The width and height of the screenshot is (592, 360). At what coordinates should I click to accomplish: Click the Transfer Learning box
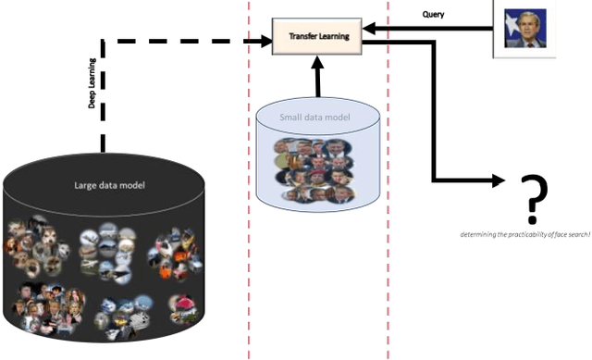317,35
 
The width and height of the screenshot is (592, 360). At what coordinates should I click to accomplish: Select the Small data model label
317,117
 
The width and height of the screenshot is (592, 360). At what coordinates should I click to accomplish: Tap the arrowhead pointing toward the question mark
497,180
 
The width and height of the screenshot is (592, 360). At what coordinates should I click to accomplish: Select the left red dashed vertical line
249,185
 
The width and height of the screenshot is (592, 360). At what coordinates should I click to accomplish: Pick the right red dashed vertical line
388,185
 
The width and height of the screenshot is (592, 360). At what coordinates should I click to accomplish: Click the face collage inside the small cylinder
316,168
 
